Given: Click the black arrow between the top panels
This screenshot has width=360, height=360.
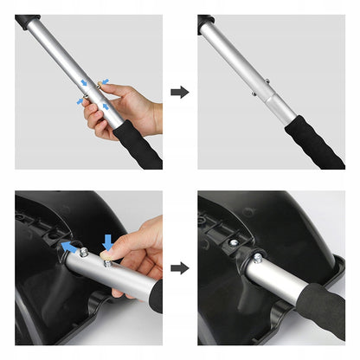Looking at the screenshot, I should [180, 91].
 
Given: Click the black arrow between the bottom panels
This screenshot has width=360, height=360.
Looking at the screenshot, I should [180, 267].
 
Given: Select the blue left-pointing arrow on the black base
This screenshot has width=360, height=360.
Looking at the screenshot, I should [67, 247].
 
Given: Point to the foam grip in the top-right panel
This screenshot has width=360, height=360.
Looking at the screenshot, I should [316, 142].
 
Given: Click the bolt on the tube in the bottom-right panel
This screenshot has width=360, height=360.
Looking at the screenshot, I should [257, 256].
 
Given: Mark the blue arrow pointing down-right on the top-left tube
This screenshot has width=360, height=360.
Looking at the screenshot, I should [85, 83].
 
